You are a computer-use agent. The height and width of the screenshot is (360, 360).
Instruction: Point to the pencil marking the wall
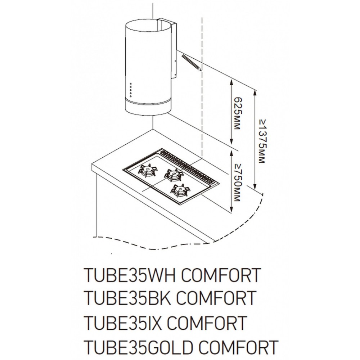(x=192, y=63)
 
